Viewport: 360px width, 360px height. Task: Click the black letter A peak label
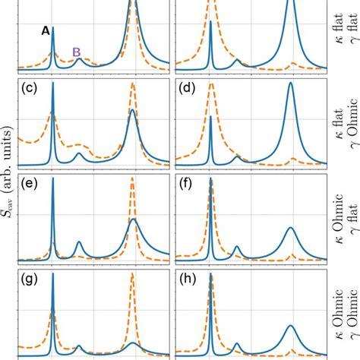[46, 31]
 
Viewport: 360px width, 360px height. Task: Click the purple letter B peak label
[76, 52]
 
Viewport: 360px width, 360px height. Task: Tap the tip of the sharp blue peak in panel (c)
[52, 83]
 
